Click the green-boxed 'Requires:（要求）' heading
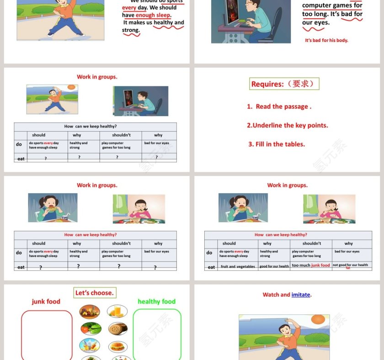point(284,84)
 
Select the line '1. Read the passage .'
point(279,106)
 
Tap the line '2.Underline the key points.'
point(287,125)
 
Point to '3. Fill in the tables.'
point(277,144)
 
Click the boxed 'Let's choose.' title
point(95,293)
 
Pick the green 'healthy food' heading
point(156,302)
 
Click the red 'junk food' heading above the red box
point(46,302)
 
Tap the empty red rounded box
point(47,335)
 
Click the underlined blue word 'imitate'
point(301,295)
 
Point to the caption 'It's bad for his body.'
point(326,40)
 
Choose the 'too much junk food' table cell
point(310,265)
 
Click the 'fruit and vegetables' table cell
point(238,266)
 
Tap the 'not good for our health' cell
point(350,265)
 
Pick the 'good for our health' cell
point(274,266)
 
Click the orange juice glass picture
point(117,312)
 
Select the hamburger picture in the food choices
point(117,346)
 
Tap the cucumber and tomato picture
point(90,328)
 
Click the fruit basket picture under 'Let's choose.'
point(90,312)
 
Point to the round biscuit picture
point(117,328)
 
